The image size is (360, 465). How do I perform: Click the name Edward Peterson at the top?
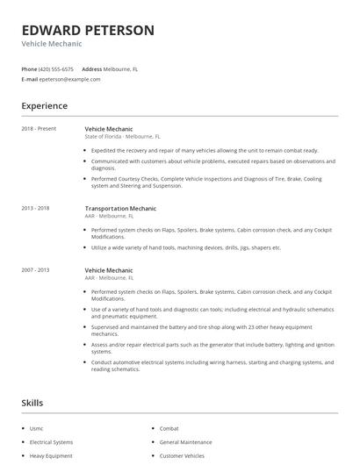pos(88,30)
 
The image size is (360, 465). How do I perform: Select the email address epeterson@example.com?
pos(70,79)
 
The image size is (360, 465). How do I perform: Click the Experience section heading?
pos(44,106)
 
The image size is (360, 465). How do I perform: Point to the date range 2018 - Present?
pos(39,129)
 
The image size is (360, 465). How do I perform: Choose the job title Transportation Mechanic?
pos(120,209)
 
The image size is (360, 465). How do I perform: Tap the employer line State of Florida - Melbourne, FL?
pos(122,137)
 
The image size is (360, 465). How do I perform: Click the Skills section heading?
pos(32,403)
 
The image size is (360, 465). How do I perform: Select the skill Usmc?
pos(38,428)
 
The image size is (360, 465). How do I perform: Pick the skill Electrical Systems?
pos(51,442)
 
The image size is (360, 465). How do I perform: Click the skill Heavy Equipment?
pos(50,456)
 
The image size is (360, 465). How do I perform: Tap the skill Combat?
pos(169,428)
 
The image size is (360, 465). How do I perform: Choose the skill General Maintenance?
pos(186,442)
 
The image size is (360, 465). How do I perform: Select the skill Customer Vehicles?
pos(183,456)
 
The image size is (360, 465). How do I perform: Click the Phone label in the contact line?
pos(30,68)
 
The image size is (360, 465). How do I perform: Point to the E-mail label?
pos(30,79)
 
